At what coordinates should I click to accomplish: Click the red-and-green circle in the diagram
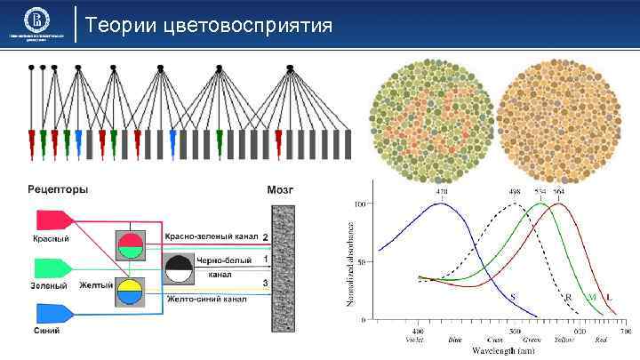point(130,243)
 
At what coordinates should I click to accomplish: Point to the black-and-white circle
point(180,267)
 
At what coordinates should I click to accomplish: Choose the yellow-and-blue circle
point(130,291)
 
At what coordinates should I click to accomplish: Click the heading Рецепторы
point(59,188)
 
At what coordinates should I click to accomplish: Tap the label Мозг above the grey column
point(280,188)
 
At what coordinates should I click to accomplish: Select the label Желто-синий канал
point(206,300)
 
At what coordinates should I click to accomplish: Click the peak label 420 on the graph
point(441,192)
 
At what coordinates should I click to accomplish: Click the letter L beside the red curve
point(607,296)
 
